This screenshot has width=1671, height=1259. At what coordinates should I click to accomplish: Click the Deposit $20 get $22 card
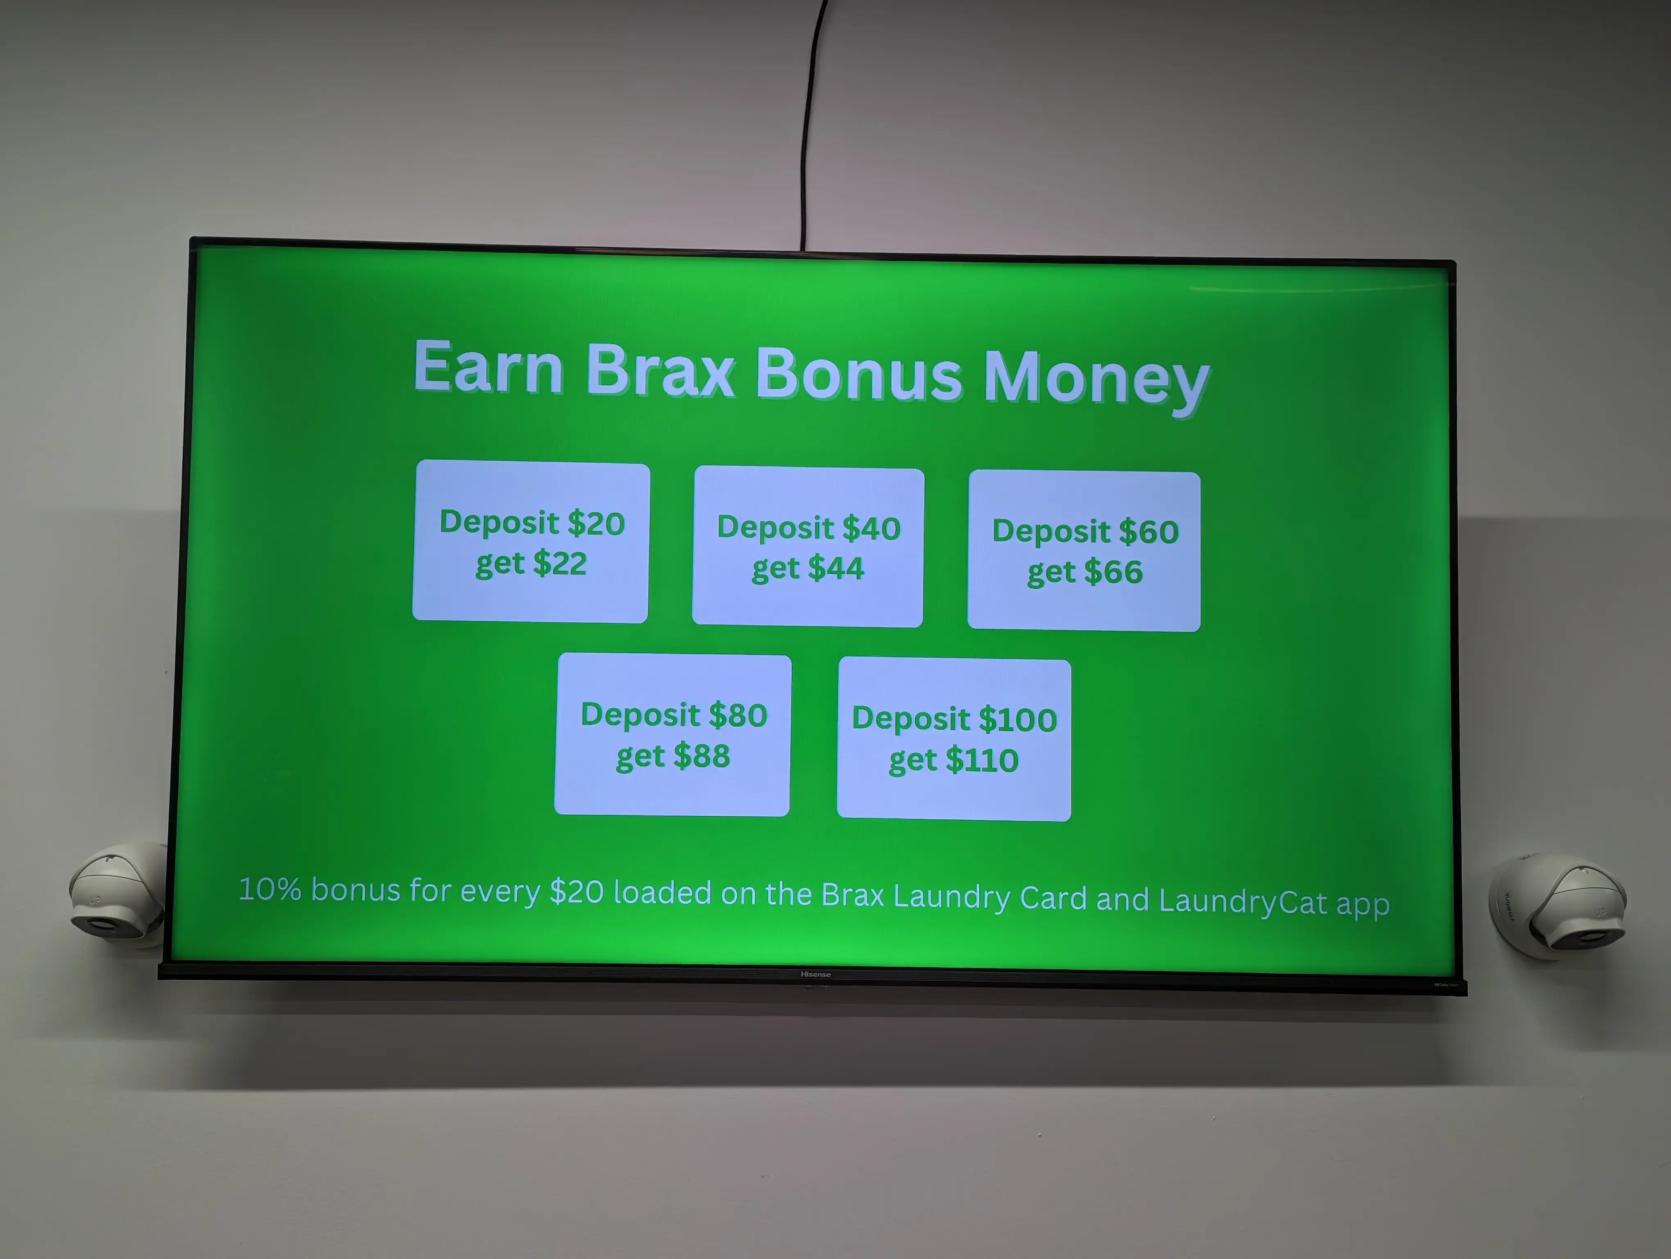click(531, 542)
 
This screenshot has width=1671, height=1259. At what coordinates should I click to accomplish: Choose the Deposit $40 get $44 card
click(808, 546)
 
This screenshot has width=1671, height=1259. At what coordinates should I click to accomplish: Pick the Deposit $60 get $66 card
click(1085, 551)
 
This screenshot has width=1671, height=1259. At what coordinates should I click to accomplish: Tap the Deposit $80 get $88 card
click(673, 734)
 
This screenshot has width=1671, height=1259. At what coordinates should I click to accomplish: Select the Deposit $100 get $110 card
click(954, 739)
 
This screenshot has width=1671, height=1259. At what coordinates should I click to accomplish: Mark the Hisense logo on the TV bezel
click(816, 974)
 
